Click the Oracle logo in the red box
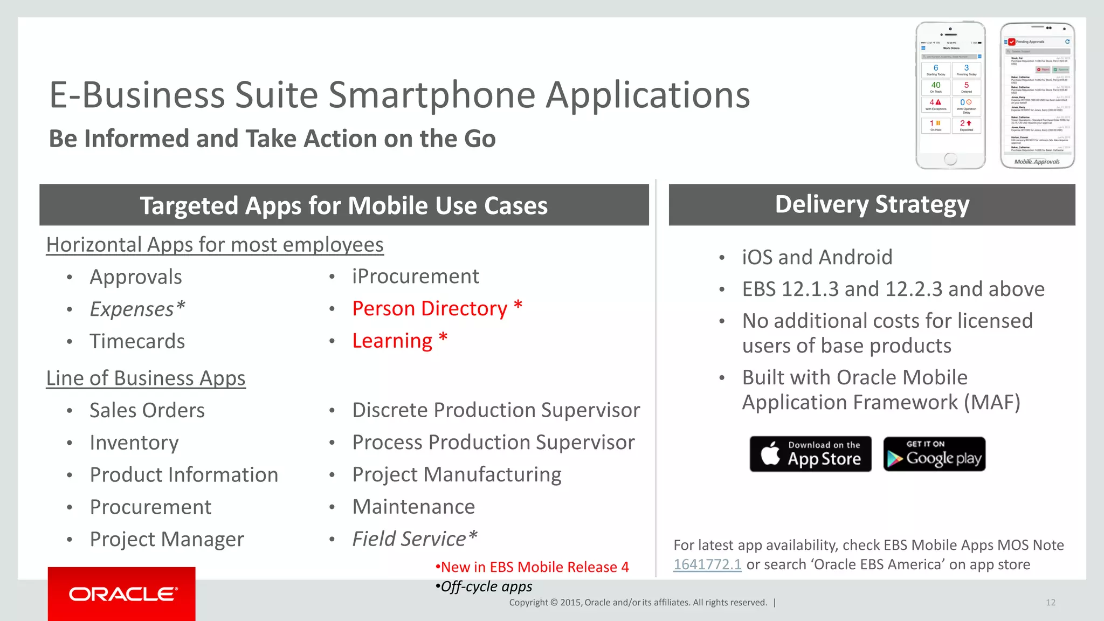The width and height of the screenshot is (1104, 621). [x=122, y=594]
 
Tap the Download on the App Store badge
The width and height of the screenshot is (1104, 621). [x=810, y=454]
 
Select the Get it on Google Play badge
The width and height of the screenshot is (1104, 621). [x=934, y=454]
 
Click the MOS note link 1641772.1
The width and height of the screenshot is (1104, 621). [x=707, y=564]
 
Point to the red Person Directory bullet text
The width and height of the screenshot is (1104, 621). [x=430, y=308]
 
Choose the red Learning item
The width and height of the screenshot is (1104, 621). [x=392, y=341]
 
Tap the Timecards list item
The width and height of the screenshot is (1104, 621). [x=137, y=341]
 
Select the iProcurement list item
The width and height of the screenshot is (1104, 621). [x=415, y=277]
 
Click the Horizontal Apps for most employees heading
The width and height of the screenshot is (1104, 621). [x=215, y=245]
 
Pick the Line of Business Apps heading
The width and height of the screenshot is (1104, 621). [x=146, y=378]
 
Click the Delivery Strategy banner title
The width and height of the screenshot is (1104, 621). [x=872, y=205]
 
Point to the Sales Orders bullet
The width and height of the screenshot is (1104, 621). [x=147, y=410]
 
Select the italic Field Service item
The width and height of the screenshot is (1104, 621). [x=414, y=539]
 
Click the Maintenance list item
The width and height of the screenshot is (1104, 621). [x=413, y=507]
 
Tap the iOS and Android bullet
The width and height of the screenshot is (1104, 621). [x=817, y=257]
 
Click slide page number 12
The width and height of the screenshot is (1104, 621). [x=1050, y=603]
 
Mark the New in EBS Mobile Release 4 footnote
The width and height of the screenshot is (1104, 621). [x=534, y=567]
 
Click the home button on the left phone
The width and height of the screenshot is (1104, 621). [x=950, y=159]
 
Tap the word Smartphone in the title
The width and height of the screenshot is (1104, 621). [x=432, y=95]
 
